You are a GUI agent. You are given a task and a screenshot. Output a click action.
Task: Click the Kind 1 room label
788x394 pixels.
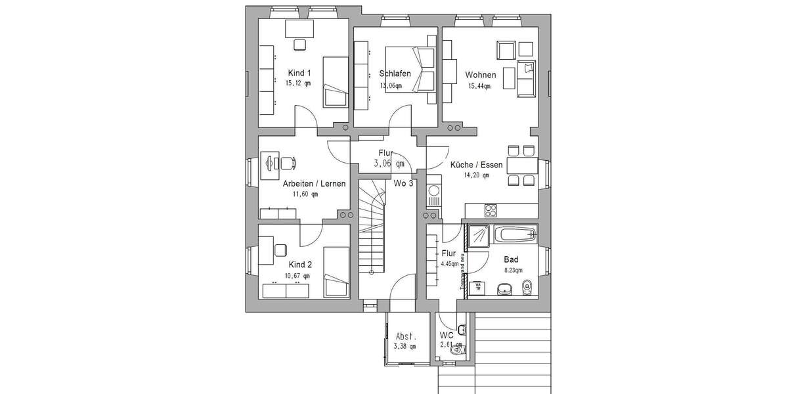point(299,73)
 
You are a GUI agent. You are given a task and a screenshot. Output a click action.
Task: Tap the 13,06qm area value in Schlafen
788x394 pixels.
point(390,85)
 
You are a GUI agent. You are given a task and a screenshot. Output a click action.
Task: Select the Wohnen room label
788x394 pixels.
point(481,74)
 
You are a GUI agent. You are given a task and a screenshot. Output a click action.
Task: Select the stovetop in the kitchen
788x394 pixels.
point(491,210)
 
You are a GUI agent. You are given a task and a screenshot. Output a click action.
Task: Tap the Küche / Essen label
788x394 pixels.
point(476,165)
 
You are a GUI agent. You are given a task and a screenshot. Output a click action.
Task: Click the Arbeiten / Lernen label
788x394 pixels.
point(314,184)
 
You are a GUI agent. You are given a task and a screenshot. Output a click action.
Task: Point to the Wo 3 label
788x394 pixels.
point(403,183)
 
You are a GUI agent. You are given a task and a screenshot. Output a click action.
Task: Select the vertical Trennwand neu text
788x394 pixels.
point(462,271)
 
